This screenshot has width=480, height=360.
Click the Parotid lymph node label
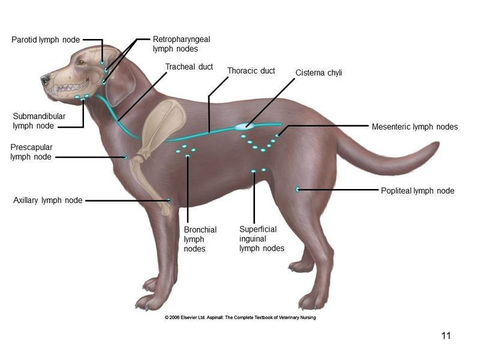click(x=46, y=40)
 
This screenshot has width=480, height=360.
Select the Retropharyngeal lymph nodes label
click(x=182, y=44)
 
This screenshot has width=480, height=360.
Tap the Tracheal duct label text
click(x=189, y=67)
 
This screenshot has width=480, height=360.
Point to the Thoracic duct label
click(x=251, y=71)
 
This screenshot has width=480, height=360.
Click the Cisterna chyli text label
click(x=319, y=73)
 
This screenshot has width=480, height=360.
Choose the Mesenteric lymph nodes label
click(x=415, y=127)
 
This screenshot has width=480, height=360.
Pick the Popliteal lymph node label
click(x=418, y=191)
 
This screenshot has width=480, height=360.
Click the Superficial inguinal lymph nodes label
click(x=262, y=239)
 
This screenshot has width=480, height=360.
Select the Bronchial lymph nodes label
click(x=200, y=239)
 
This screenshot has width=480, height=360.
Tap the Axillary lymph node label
click(x=48, y=200)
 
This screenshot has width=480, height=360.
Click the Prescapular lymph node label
click(x=31, y=152)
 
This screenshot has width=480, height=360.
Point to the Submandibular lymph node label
click(x=39, y=121)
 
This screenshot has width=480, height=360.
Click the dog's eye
click(x=82, y=62)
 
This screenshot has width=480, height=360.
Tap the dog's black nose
click(x=45, y=79)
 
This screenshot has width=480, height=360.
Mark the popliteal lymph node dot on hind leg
click(x=298, y=189)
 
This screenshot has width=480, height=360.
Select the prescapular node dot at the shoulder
click(x=125, y=157)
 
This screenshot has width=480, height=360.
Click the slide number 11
click(x=446, y=336)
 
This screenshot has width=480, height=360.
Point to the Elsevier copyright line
click(x=241, y=317)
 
